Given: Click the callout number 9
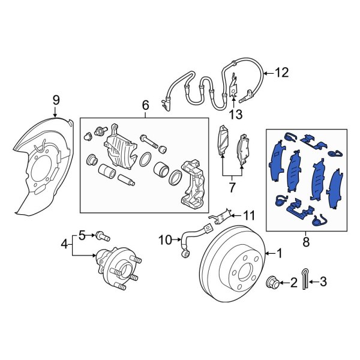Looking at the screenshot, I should (x=56, y=99).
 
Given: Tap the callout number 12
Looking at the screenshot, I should (x=282, y=73).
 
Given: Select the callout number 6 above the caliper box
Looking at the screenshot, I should (x=145, y=106).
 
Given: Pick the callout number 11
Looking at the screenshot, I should (x=249, y=214).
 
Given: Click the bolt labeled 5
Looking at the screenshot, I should (x=100, y=235).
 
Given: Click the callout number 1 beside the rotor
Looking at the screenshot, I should (x=278, y=253).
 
